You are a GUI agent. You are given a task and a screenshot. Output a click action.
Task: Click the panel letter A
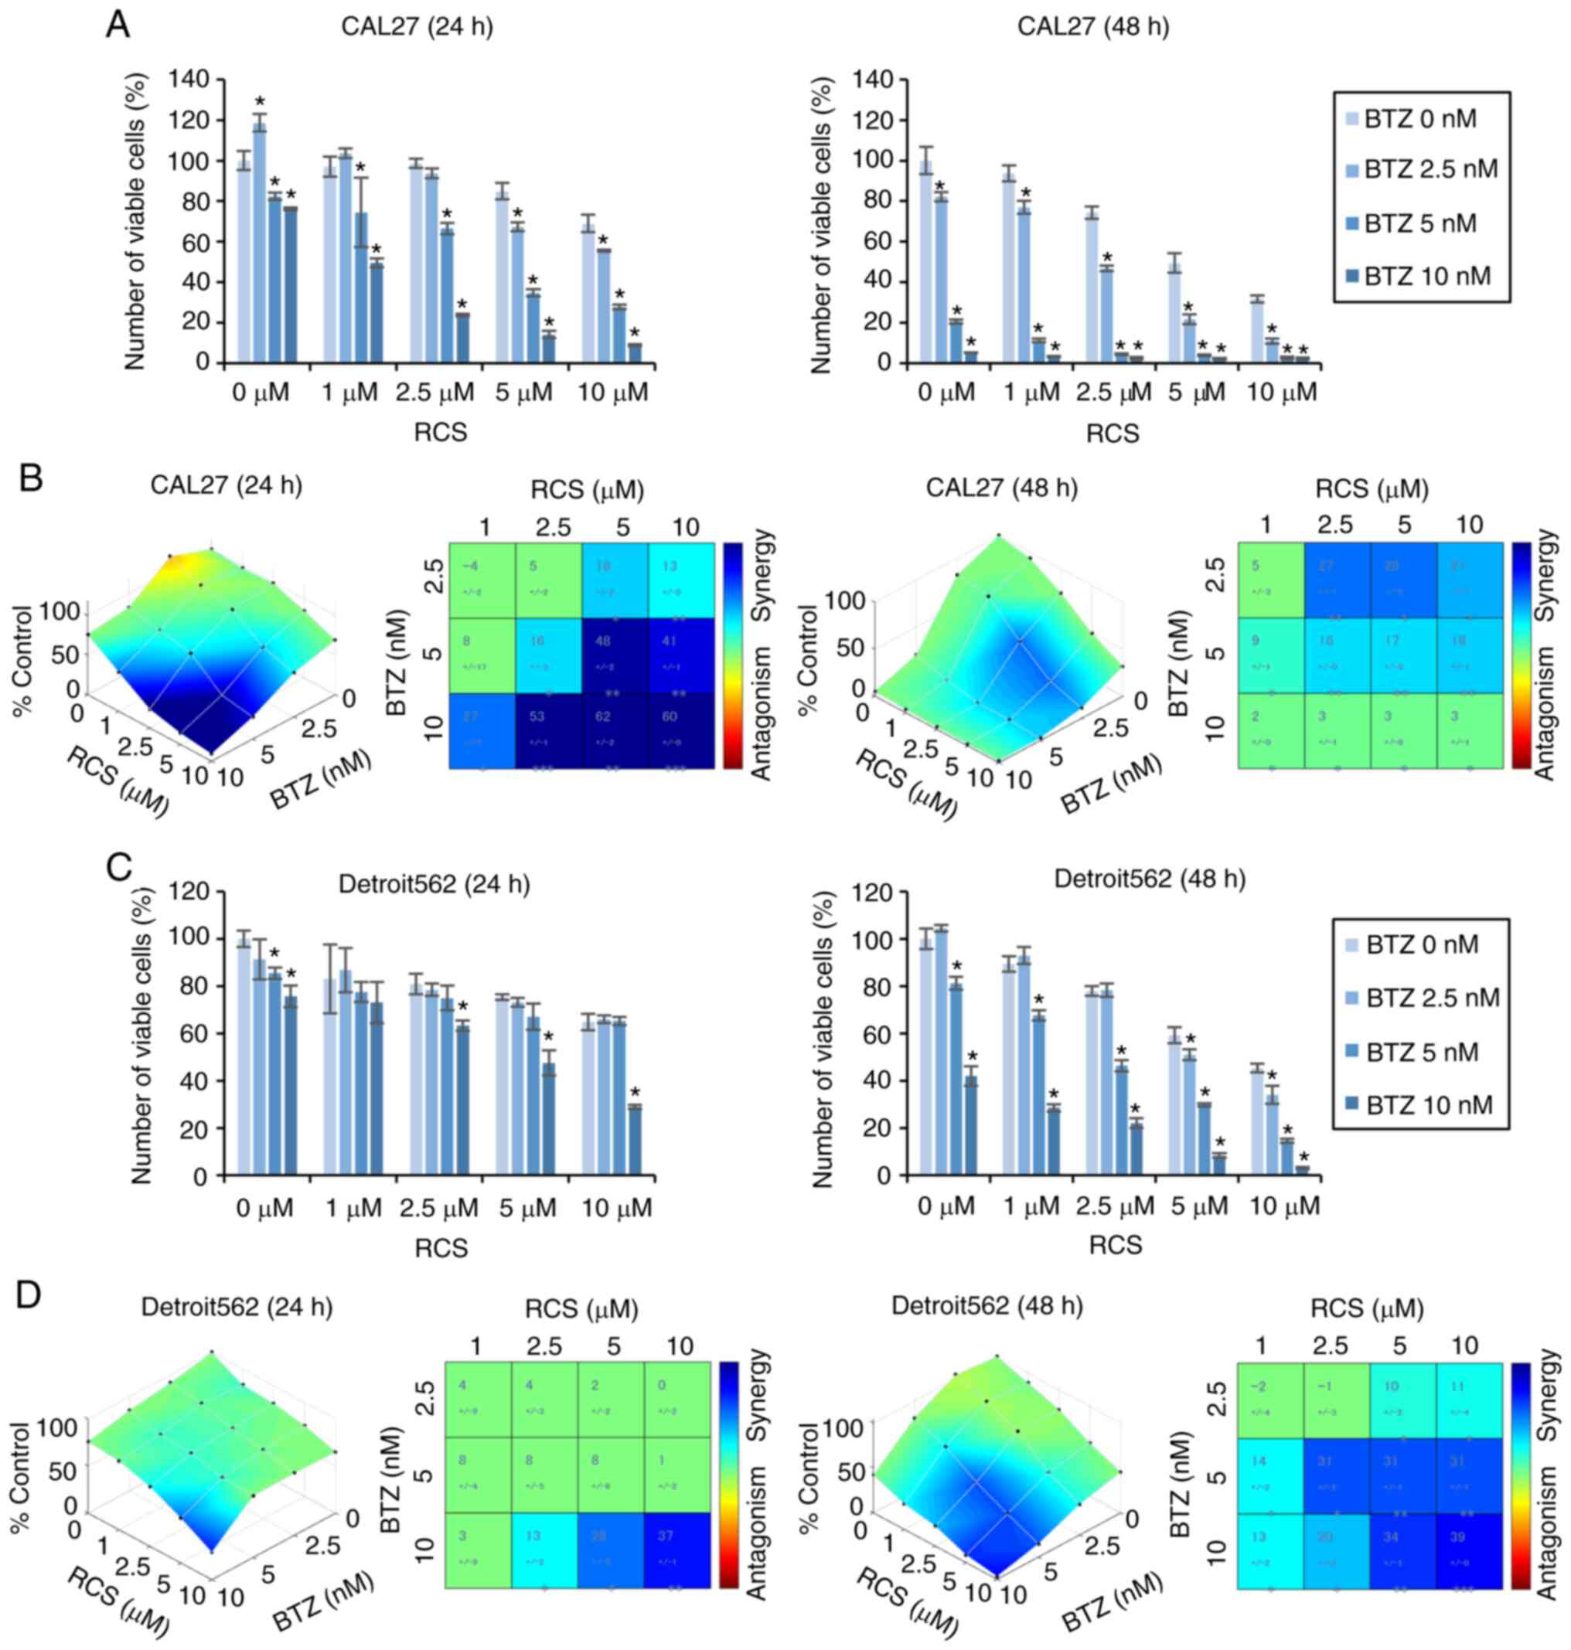pyautogui.click(x=118, y=25)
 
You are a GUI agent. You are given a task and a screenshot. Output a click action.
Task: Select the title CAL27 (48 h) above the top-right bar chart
pyautogui.click(x=1093, y=27)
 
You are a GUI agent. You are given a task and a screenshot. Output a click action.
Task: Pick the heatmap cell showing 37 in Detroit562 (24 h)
pyautogui.click(x=676, y=1550)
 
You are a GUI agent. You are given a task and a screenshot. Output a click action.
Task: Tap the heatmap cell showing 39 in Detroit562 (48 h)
pyautogui.click(x=1470, y=1550)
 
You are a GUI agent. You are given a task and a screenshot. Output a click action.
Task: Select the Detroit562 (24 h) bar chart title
pyautogui.click(x=434, y=885)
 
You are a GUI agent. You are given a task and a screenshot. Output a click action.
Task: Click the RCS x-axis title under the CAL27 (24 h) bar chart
pyautogui.click(x=441, y=433)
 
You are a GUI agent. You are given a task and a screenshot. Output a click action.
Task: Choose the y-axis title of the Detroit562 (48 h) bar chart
pyautogui.click(x=823, y=1039)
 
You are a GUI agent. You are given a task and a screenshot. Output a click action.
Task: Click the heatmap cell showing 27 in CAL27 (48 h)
pyautogui.click(x=1337, y=580)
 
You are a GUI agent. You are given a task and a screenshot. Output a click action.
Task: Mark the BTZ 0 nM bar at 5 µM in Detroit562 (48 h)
pyautogui.click(x=1175, y=1106)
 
